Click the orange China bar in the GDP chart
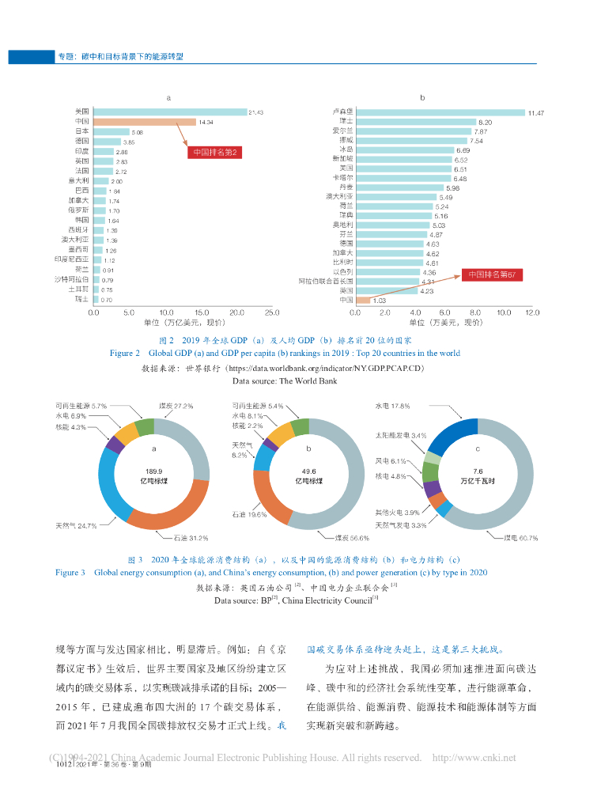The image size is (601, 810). pos(144,122)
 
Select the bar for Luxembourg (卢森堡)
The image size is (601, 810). pos(440,112)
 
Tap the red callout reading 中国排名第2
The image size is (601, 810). pos(215,152)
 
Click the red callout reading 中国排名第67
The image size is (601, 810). pos(491,274)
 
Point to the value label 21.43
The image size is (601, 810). pos(255,112)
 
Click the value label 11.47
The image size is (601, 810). pos(535,112)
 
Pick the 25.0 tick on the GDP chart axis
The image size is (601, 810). pos(271,312)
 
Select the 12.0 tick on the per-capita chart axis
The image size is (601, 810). pos(531,312)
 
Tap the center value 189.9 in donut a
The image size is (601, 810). pos(153,471)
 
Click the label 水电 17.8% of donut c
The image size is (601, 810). pos(392,406)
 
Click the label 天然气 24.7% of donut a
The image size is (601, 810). pos(75,525)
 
